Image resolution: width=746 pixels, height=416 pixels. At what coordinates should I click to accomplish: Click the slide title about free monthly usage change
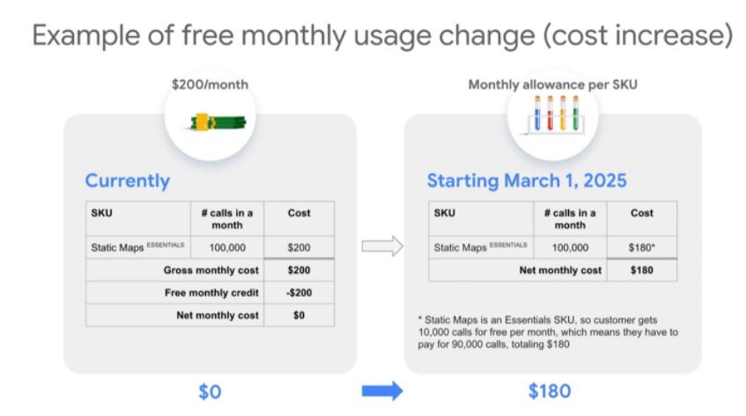pos(382,36)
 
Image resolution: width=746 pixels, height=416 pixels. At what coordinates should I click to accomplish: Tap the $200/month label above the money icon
pos(210,85)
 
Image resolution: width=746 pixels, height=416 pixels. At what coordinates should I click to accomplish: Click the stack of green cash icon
pos(218,122)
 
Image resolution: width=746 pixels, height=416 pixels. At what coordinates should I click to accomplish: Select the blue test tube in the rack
pos(537,114)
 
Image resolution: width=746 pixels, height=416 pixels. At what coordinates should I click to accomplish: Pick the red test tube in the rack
pos(550,114)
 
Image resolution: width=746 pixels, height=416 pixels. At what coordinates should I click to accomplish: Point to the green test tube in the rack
pos(576,114)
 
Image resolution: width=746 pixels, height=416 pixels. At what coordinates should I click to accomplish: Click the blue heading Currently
pos(128,181)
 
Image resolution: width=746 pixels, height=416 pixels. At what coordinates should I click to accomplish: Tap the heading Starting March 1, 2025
pos(527,181)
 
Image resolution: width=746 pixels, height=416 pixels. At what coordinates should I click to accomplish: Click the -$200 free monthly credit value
pos(299,293)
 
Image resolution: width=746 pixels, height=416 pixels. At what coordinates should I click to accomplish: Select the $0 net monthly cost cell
pos(299,316)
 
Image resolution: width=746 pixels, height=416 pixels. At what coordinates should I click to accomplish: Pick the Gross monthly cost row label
pos(211,271)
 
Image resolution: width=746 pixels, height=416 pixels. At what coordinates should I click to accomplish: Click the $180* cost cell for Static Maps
pos(642,248)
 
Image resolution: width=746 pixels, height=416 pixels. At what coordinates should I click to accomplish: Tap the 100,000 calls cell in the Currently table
pos(227,248)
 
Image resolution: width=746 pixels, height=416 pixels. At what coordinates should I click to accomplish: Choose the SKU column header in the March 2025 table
pos(445,212)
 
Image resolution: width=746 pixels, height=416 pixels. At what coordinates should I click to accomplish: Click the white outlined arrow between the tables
pos(382,246)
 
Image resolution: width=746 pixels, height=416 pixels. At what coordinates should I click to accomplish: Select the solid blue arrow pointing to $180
pos(382,390)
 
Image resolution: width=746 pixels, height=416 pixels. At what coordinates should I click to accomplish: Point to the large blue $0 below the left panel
pos(210,391)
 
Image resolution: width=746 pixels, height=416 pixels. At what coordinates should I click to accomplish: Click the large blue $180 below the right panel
pos(550,391)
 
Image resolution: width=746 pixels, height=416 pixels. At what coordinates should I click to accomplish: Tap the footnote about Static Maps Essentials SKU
pos(548,332)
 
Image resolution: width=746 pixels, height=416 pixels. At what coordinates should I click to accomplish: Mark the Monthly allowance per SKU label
pos(553,85)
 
